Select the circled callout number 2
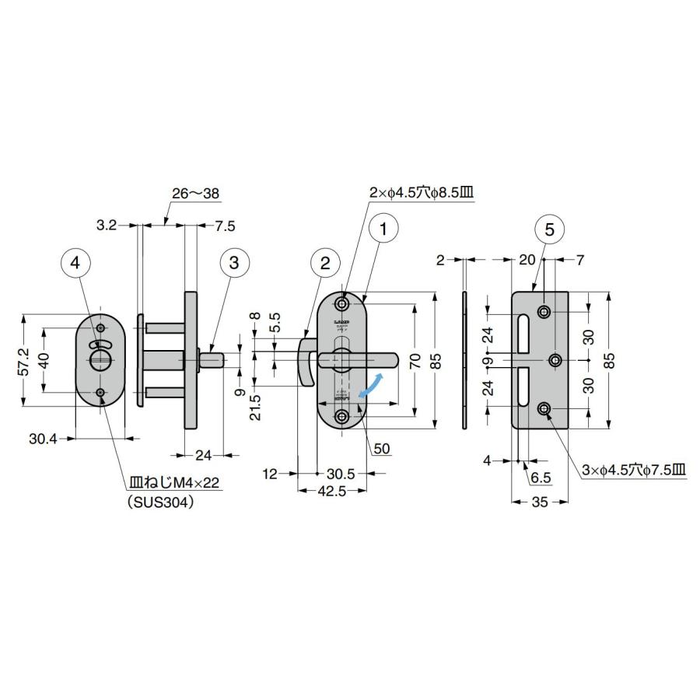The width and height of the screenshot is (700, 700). tap(325, 263)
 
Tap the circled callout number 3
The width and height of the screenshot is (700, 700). tap(233, 263)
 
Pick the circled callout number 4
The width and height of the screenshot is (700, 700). tap(75, 263)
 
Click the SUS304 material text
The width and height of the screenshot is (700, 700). tap(159, 502)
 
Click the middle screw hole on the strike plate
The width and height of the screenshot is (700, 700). tap(556, 359)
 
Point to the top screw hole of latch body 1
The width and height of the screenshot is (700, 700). tap(342, 303)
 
